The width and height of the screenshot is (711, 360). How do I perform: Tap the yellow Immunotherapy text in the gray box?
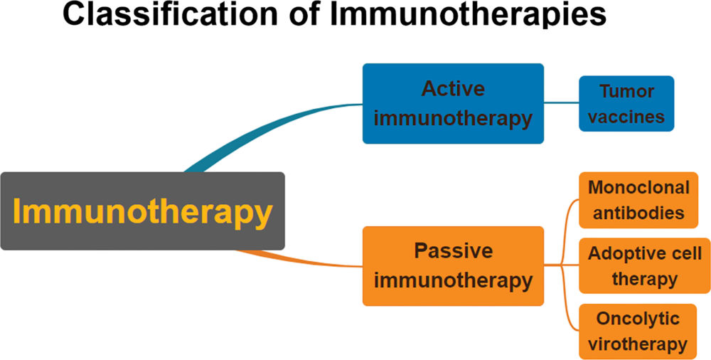142,212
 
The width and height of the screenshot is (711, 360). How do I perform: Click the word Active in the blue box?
453,89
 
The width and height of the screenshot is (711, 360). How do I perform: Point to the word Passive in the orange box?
453,251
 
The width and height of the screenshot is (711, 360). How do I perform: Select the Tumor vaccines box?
626,104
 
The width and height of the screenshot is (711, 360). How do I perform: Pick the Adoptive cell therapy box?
644,265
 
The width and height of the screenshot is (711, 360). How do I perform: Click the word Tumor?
626,92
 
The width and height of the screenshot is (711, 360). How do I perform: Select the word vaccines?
626,117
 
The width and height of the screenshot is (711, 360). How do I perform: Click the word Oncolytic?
638,318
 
